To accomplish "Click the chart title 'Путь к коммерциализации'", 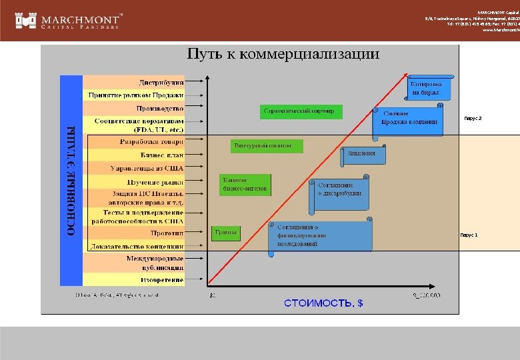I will point(283,54).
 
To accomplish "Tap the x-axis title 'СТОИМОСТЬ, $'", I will point(323,303).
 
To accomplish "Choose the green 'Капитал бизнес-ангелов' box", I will point(245,185).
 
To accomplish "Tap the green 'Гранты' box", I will point(225,233).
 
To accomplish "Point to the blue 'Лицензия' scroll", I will point(366,154).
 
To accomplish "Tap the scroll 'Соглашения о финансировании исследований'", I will point(321,236).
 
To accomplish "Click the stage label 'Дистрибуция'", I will point(161,83).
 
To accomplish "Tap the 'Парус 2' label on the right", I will point(471,118).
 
